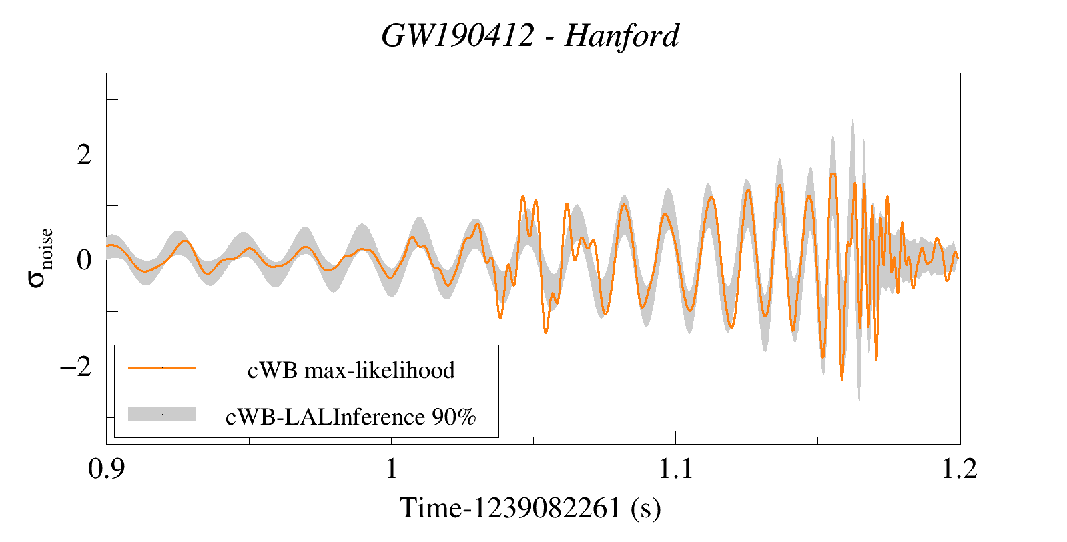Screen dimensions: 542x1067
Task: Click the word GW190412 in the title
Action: pyautogui.click(x=458, y=36)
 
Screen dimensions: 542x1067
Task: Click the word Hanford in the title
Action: pyautogui.click(x=621, y=36)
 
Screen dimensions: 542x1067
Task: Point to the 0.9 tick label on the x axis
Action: pyautogui.click(x=107, y=469)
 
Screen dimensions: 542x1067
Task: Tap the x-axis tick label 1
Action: pyautogui.click(x=391, y=469)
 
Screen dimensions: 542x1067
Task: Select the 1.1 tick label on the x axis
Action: pyautogui.click(x=676, y=469)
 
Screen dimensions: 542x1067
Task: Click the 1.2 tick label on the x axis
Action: pyautogui.click(x=960, y=469)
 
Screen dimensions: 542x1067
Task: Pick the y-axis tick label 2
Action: pyautogui.click(x=84, y=155)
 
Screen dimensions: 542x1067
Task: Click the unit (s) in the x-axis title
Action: pyautogui.click(x=645, y=509)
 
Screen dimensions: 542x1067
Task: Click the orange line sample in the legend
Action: pyautogui.click(x=162, y=367)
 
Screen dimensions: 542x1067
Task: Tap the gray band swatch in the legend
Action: pyautogui.click(x=162, y=414)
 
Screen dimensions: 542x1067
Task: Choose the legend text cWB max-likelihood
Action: pyautogui.click(x=351, y=370)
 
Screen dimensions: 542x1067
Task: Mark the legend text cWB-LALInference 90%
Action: pyautogui.click(x=351, y=417)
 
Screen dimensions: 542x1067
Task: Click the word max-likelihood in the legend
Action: pyautogui.click(x=380, y=370)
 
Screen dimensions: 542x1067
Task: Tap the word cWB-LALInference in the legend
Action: pyautogui.click(x=325, y=417)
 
